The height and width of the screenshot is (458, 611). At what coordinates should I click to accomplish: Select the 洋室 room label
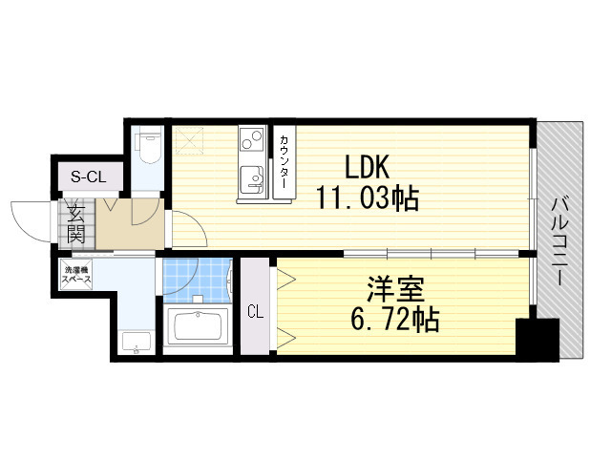click(392, 288)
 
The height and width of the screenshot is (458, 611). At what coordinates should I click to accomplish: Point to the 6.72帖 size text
click(392, 320)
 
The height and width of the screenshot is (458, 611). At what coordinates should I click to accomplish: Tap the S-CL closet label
click(89, 176)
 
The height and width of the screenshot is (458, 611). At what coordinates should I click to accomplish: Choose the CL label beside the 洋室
click(255, 311)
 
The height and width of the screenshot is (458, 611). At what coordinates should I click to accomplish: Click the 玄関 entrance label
click(76, 223)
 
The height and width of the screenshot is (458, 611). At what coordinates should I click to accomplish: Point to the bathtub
click(198, 329)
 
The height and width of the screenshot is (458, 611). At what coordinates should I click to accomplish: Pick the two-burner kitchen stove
click(250, 141)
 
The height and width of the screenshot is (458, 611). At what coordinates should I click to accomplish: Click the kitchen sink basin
click(252, 177)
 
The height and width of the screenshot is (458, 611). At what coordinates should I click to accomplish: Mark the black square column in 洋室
click(536, 340)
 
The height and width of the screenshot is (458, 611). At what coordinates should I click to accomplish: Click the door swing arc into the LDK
click(188, 229)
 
